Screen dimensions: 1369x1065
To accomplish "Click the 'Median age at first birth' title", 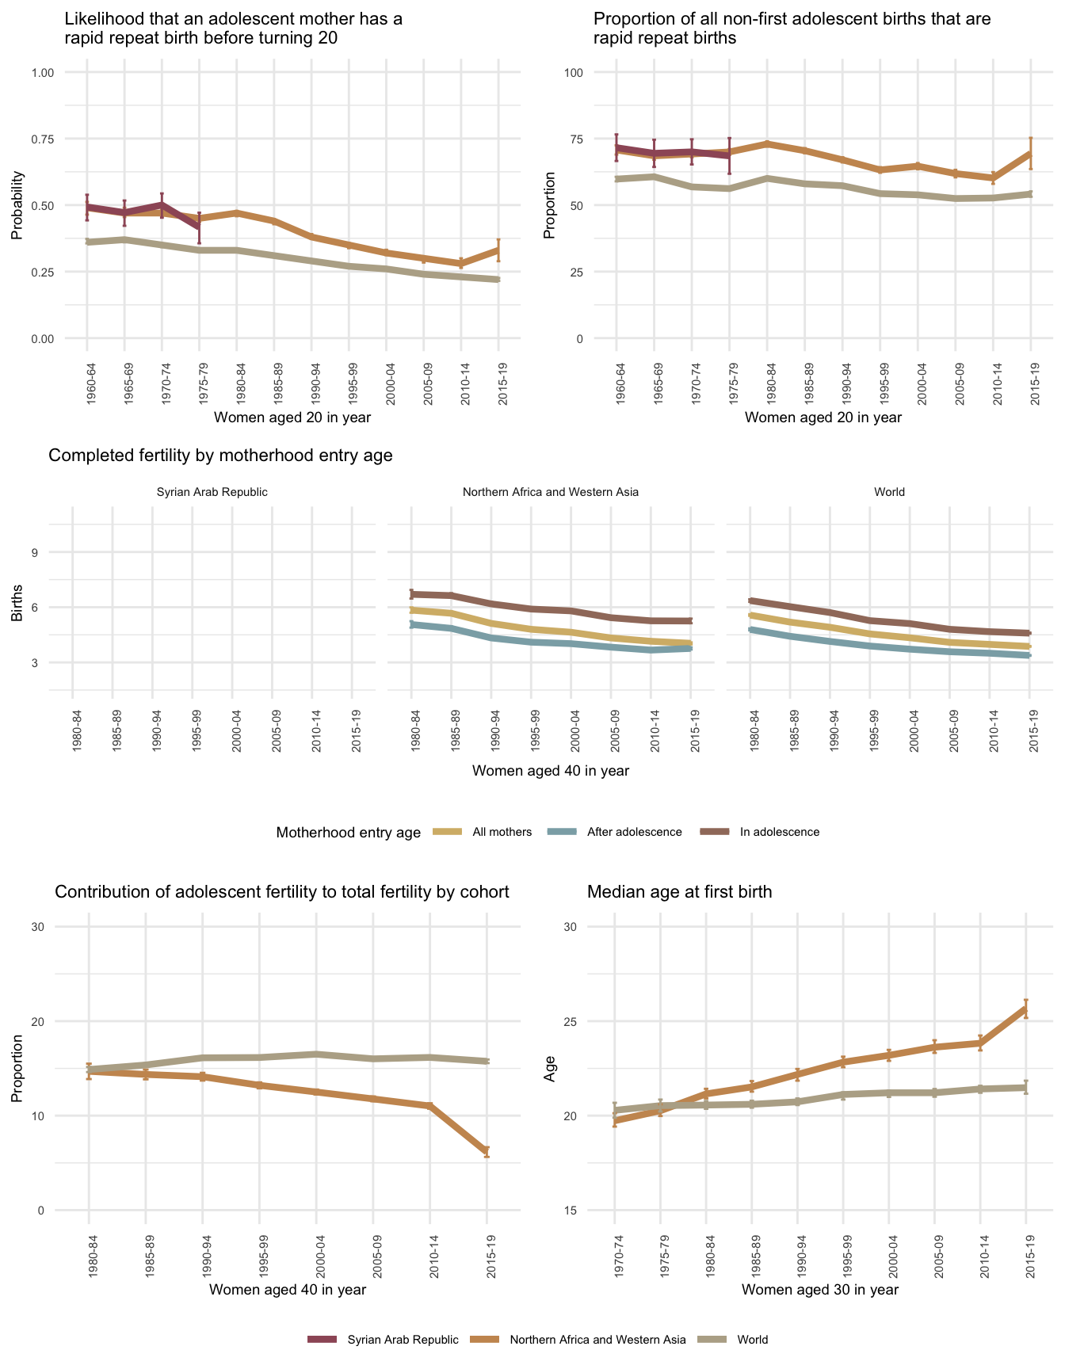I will tap(679, 892).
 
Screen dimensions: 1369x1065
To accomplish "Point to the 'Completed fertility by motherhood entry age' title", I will tap(220, 456).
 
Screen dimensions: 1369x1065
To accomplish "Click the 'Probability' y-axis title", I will tap(17, 205).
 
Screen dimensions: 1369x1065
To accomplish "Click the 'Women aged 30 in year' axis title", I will tap(820, 1290).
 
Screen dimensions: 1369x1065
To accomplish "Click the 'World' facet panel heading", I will tap(889, 492).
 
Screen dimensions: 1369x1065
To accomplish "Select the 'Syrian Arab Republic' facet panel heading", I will tap(212, 492).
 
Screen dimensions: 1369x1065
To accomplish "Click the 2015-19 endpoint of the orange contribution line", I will tap(487, 1152).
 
